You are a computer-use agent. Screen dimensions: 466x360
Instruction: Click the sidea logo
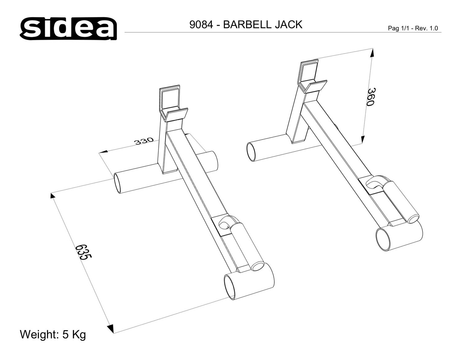[68, 29]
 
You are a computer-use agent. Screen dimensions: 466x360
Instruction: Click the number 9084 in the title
[201, 25]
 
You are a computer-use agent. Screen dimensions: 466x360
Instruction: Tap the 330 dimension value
[144, 141]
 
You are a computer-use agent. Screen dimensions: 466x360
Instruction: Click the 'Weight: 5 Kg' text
[53, 334]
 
